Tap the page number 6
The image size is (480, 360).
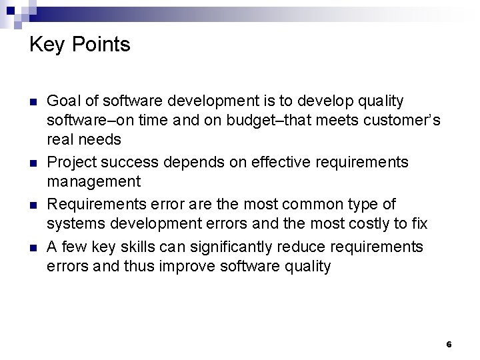click(x=449, y=345)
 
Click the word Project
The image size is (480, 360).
click(x=70, y=163)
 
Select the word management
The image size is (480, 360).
click(x=93, y=182)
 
